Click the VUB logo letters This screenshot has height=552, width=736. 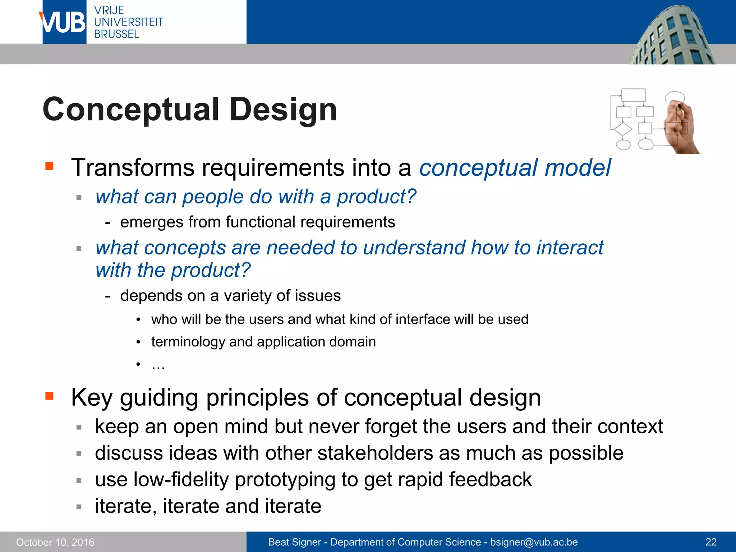(x=63, y=22)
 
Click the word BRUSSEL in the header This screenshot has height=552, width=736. (x=116, y=34)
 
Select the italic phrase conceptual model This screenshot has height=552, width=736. (x=515, y=168)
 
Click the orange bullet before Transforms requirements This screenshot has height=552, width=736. (x=50, y=166)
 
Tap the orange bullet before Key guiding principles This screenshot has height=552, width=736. (x=50, y=396)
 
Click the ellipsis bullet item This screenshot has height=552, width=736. (x=158, y=365)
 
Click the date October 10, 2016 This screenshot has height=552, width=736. (x=55, y=542)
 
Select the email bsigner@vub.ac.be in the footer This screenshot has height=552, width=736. (x=534, y=542)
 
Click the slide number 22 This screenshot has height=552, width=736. (x=711, y=542)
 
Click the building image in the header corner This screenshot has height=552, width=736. (x=672, y=36)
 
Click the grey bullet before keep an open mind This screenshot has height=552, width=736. (x=79, y=427)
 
